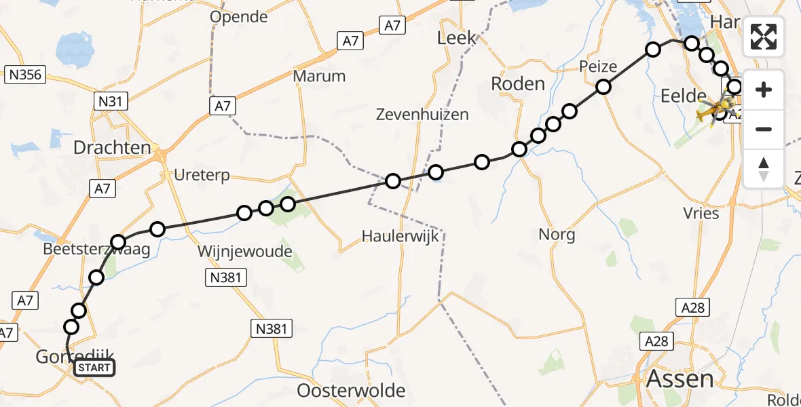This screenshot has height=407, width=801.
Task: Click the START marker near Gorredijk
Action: (x=93, y=368)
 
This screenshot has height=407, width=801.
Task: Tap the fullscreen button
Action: (x=764, y=37)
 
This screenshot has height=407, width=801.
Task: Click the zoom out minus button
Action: (x=764, y=129)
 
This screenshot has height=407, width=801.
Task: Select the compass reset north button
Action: (x=764, y=169)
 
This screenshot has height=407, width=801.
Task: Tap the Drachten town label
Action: (x=112, y=147)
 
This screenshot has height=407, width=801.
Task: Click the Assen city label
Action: (x=680, y=379)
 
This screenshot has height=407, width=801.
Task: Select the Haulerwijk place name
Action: (x=400, y=236)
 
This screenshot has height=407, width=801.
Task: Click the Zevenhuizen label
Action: (x=422, y=115)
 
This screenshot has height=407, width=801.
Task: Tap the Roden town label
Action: (x=517, y=83)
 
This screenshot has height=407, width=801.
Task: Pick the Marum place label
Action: (x=319, y=76)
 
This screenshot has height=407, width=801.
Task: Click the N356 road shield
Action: (x=24, y=75)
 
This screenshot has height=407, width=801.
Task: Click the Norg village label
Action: (x=557, y=235)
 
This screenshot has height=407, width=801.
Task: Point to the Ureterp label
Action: (x=202, y=176)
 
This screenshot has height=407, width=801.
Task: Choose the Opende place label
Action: (x=238, y=17)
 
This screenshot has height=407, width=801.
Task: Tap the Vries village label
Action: (x=702, y=213)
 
